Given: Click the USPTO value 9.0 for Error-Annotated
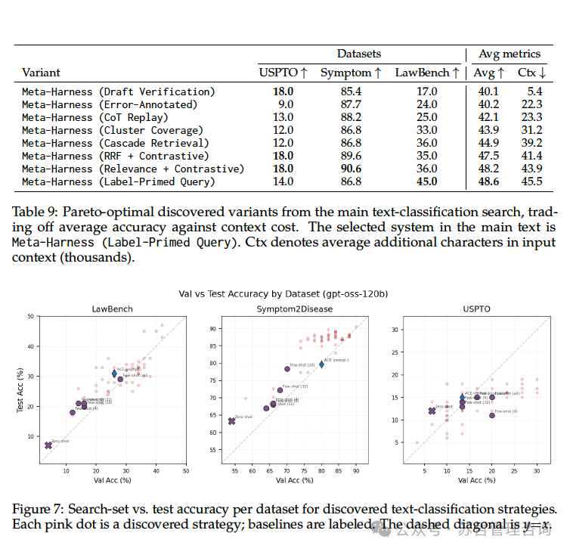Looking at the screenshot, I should [x=285, y=104].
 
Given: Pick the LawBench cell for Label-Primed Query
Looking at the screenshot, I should [x=426, y=181].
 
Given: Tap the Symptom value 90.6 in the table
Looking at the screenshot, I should [x=350, y=169].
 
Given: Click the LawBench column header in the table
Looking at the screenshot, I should [x=426, y=73].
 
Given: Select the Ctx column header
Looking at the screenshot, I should [x=531, y=73].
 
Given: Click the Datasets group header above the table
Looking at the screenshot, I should [x=358, y=54].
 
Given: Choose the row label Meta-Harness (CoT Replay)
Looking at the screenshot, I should [x=95, y=117].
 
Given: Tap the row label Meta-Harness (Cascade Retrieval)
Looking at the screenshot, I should [x=115, y=143].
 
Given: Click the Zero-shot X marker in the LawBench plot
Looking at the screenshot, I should [x=48, y=445].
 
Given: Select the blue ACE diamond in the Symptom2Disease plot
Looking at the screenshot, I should [x=321, y=364].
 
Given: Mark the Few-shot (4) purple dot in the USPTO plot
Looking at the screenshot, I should [x=492, y=415].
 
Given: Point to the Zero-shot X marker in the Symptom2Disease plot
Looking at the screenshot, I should [x=231, y=421].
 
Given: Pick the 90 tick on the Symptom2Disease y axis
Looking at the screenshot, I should [x=213, y=329].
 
